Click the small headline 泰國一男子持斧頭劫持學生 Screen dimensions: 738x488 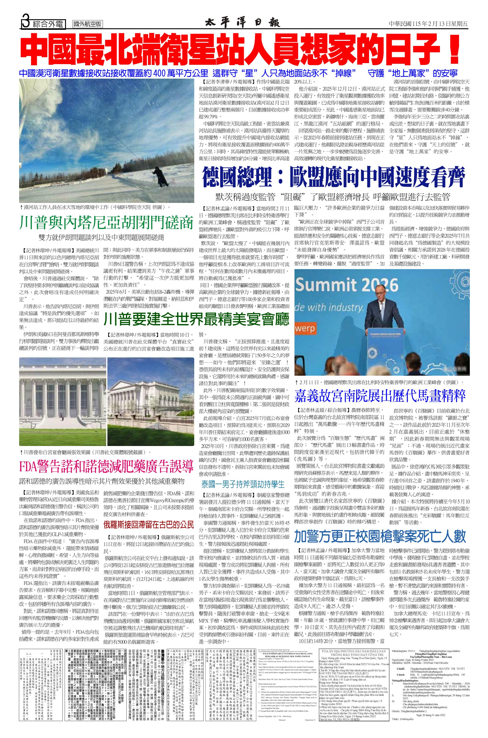243,484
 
